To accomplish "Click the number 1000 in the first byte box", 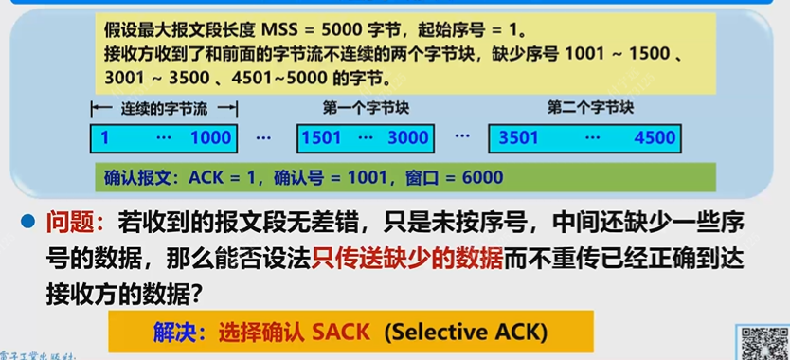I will [210, 138].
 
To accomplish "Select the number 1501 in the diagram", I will [321, 138].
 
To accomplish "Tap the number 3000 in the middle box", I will [408, 138].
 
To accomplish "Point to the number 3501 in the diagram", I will [519, 138].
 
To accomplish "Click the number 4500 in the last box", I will [655, 138].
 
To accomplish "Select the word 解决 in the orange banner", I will [174, 333].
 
